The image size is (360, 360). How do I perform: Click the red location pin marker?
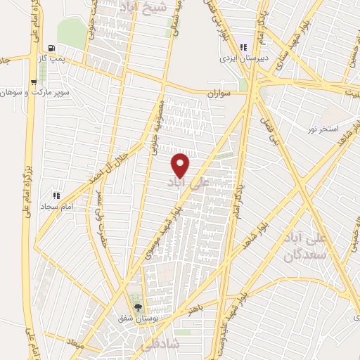point(181,165)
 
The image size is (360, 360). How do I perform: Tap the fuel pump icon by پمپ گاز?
point(51,49)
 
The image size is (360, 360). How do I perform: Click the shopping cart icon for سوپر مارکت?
point(33,82)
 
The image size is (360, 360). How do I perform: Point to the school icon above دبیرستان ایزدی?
point(243,48)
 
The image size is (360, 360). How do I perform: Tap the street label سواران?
point(219,94)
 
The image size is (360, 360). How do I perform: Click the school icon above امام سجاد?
point(56,196)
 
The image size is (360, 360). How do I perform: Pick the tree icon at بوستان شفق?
point(137,307)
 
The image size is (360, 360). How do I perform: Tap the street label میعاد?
point(72,346)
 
